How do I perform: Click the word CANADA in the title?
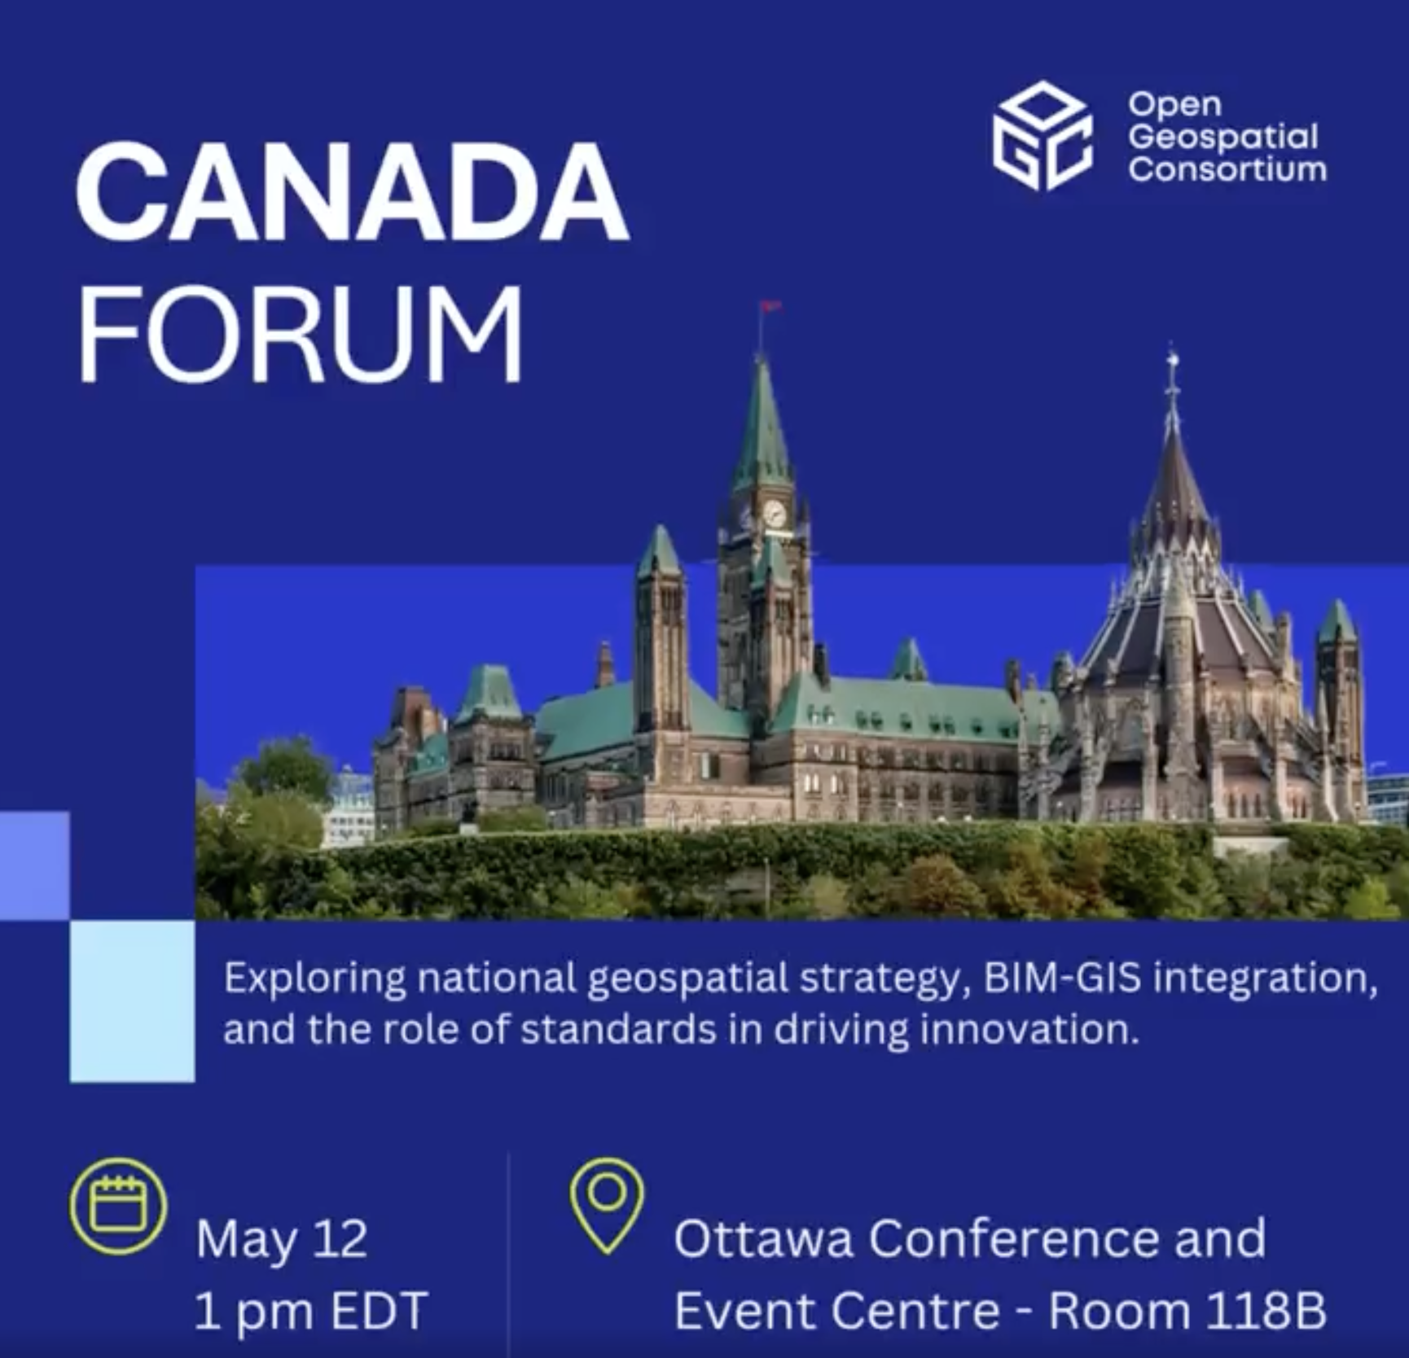point(352,192)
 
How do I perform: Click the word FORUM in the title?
point(300,333)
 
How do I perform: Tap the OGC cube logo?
point(1042,135)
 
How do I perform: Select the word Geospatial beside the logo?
point(1223,137)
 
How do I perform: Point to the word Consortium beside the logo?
point(1227,169)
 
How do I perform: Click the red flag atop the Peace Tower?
point(770,306)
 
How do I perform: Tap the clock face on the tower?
point(775,514)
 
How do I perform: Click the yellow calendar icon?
point(118,1206)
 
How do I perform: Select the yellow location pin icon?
point(607,1205)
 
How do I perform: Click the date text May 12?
point(282,1240)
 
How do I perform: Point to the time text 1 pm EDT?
point(311,1311)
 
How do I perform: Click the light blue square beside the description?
point(133,1001)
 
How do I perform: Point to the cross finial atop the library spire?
point(1172,362)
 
